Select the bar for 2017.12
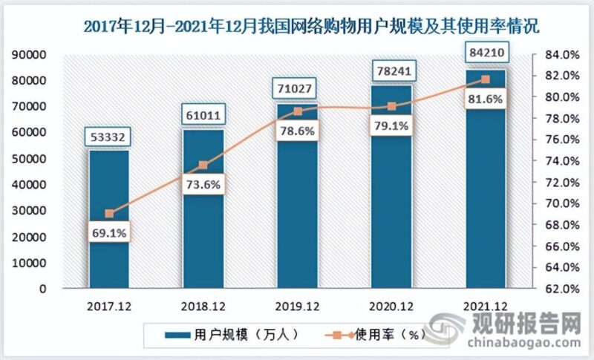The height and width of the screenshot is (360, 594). [x=109, y=223]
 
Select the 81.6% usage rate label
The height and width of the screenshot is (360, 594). [x=486, y=99]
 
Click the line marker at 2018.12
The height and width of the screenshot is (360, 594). [x=203, y=165]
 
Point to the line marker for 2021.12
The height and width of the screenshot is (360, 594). [x=486, y=79]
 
